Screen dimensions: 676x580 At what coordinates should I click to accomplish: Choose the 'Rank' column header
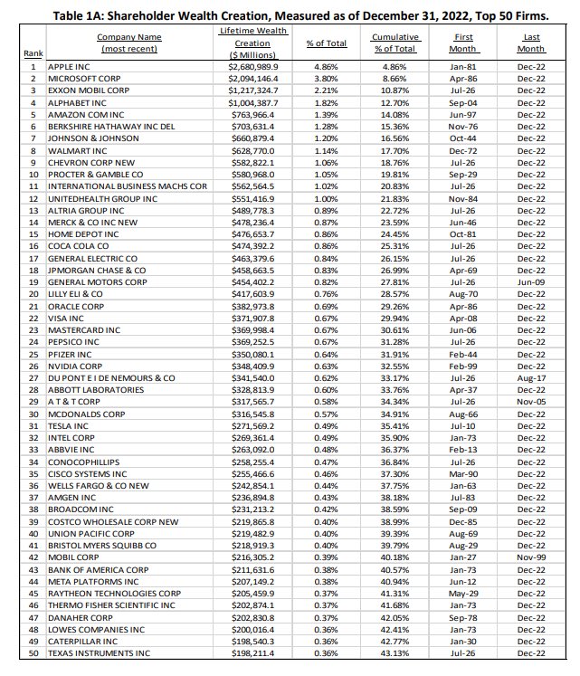pos(33,54)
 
